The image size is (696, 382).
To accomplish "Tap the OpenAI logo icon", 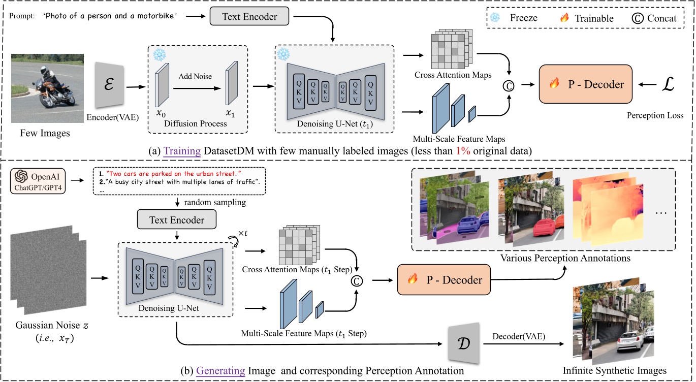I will [23, 177].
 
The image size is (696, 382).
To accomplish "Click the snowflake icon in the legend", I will [494, 18].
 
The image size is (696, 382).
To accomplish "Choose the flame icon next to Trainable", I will [564, 18].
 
